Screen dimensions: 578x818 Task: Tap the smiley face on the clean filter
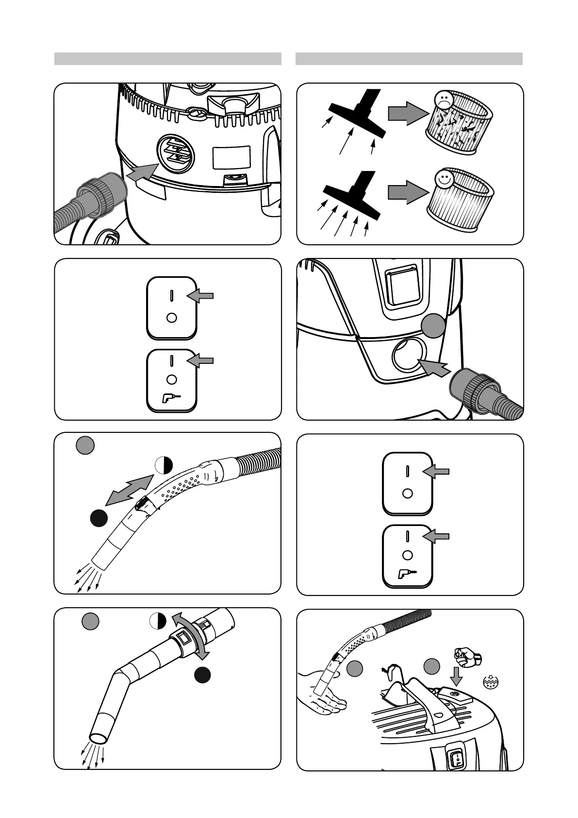(442, 178)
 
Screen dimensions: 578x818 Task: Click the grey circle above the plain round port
(432, 325)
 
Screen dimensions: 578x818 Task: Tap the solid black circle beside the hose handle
(99, 518)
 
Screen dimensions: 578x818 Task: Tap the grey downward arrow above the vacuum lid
(457, 676)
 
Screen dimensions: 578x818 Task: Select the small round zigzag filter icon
(491, 682)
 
